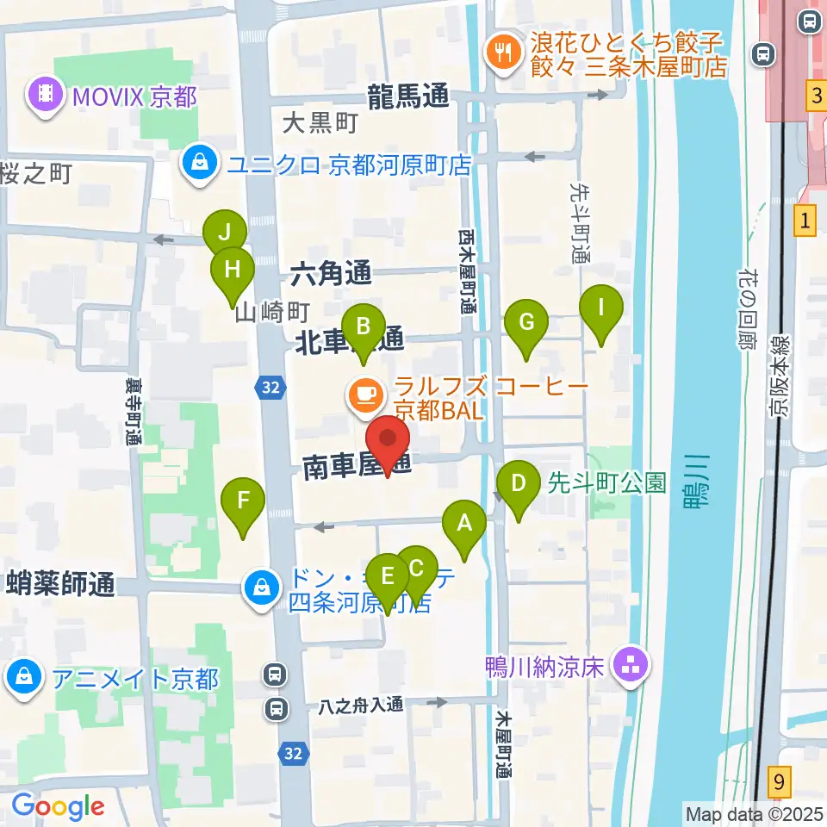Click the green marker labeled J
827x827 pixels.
(225, 233)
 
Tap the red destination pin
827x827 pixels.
(389, 439)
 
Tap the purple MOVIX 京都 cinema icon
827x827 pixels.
(45, 95)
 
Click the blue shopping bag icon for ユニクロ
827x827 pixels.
(199, 163)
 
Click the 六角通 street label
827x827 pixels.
(332, 275)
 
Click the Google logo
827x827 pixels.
(58, 806)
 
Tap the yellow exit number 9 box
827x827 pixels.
(779, 784)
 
